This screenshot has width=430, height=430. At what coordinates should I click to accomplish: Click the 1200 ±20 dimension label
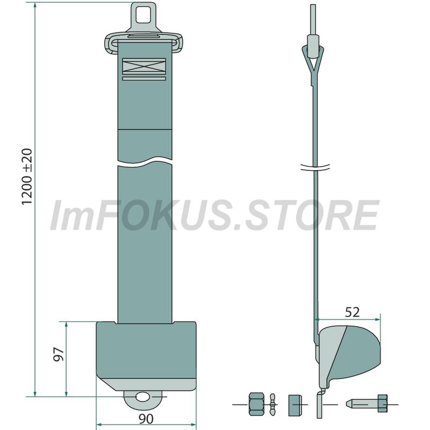tap(27, 177)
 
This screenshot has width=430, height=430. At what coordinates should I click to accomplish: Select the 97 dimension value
tap(59, 354)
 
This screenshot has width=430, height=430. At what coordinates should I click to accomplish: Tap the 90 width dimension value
tap(146, 419)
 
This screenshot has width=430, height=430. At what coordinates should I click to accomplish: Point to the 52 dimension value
tap(352, 312)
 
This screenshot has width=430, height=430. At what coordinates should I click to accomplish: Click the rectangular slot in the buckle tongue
tap(144, 15)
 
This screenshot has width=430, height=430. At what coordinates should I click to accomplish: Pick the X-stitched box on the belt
tap(144, 66)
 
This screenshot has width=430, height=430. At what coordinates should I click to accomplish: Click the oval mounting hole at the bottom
tap(142, 397)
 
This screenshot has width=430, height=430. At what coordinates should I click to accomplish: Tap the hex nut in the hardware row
tap(257, 404)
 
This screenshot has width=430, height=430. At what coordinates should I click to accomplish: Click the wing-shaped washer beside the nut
tap(272, 404)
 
